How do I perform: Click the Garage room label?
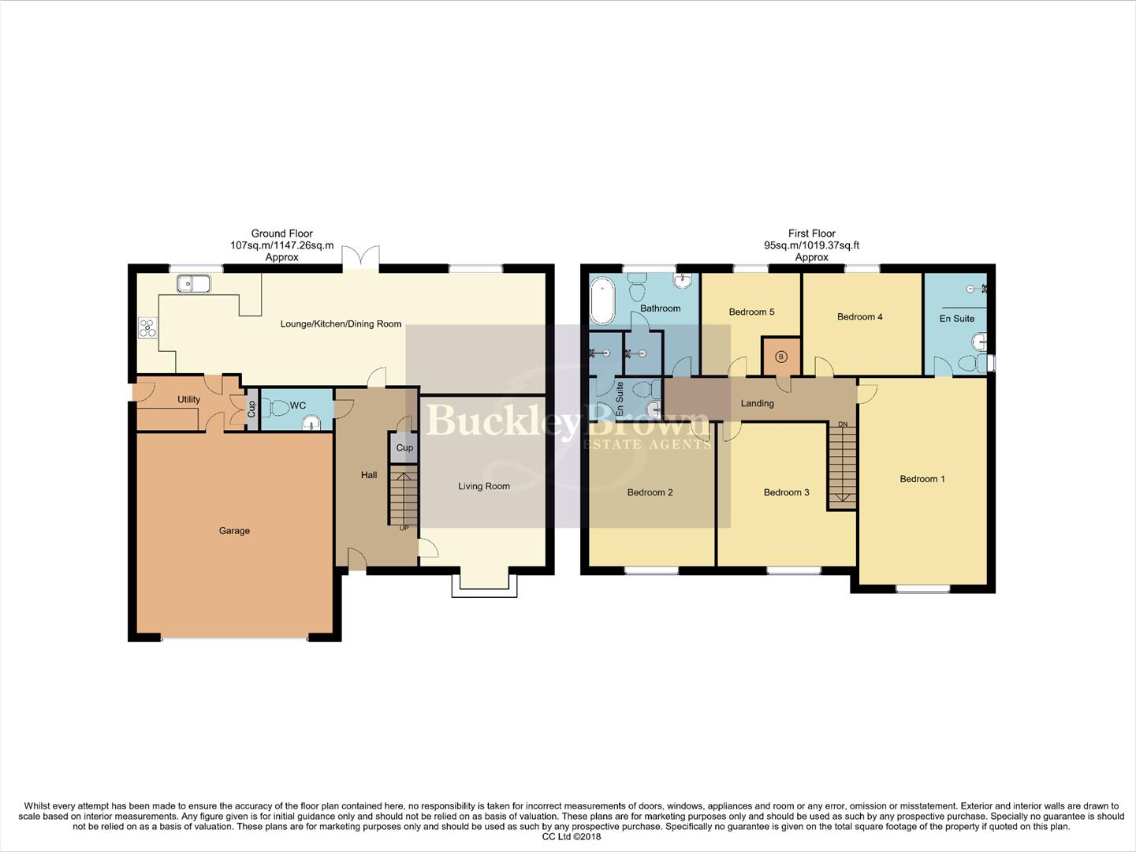click(x=234, y=531)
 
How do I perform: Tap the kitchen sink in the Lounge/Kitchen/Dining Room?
click(x=193, y=282)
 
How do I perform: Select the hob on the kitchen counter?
click(x=147, y=327)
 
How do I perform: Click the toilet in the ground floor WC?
click(x=277, y=407)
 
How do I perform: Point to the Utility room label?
click(x=188, y=399)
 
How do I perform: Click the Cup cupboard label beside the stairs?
click(x=404, y=448)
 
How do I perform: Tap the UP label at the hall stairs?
click(x=404, y=528)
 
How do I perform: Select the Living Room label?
click(x=484, y=487)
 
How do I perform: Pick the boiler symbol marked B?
click(x=781, y=357)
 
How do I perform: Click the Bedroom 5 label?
click(x=751, y=312)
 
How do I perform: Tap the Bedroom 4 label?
click(x=859, y=317)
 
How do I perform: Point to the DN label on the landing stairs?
click(x=843, y=424)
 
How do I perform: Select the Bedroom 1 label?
click(x=922, y=479)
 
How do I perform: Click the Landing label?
click(x=757, y=404)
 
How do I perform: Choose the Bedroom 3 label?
click(x=786, y=493)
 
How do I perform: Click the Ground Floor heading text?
click(x=281, y=234)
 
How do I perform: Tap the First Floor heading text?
click(x=811, y=234)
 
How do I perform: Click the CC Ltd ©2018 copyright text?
click(x=572, y=837)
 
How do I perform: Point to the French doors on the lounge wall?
click(x=361, y=258)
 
